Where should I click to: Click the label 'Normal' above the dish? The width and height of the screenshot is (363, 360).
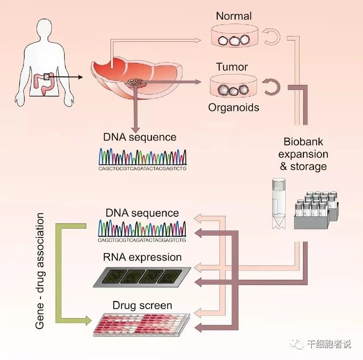(x=234, y=16)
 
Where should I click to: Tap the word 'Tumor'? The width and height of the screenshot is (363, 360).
(x=232, y=67)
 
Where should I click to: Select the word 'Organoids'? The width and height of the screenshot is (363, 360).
(x=233, y=107)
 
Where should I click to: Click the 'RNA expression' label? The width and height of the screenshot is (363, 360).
(x=142, y=257)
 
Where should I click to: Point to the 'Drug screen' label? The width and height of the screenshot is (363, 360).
(x=142, y=306)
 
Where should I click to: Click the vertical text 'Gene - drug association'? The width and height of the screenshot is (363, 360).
(x=41, y=271)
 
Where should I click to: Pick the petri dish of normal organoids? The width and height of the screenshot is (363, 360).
(x=232, y=39)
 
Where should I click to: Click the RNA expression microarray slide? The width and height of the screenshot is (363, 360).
(x=143, y=277)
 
